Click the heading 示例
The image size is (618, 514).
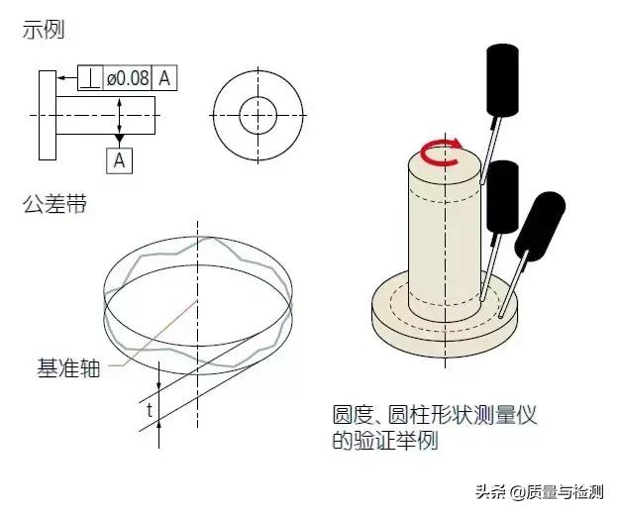(x=43, y=30)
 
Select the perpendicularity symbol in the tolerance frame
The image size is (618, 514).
(x=90, y=78)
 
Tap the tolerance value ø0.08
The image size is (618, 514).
(x=128, y=78)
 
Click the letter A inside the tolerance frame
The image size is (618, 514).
(x=164, y=78)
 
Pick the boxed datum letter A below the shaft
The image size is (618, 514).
(x=120, y=160)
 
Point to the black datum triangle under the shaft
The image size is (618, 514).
(x=120, y=139)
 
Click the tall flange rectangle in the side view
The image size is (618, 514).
(x=48, y=115)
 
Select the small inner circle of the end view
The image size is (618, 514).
(x=258, y=115)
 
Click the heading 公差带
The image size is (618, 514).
(x=54, y=204)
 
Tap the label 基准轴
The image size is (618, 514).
(x=68, y=367)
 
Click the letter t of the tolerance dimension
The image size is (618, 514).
(x=150, y=410)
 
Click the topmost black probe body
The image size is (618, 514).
(x=502, y=79)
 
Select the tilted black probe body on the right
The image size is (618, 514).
(x=540, y=226)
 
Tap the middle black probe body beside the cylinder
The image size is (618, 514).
(x=502, y=197)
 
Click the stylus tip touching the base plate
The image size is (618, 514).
(x=500, y=315)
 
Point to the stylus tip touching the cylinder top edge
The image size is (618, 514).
(x=482, y=181)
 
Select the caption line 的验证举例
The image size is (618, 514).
(x=385, y=441)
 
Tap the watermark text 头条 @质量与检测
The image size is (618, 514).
(x=540, y=492)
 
